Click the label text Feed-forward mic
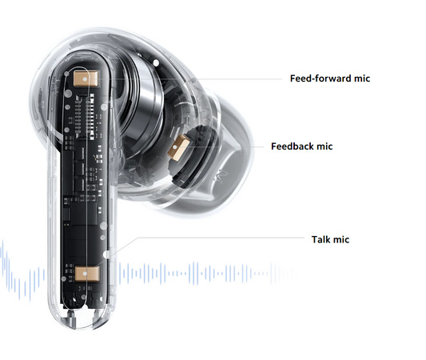[x=330, y=78]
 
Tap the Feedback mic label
[x=301, y=146]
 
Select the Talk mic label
[x=330, y=239]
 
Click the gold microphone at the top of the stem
[x=86, y=79]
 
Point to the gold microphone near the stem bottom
[x=86, y=274]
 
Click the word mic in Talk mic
[x=341, y=239]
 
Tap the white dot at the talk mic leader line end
[x=106, y=254]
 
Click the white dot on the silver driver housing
[x=156, y=63]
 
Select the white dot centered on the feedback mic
[x=175, y=148]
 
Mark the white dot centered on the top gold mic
[x=86, y=79]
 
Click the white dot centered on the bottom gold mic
[x=85, y=274]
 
